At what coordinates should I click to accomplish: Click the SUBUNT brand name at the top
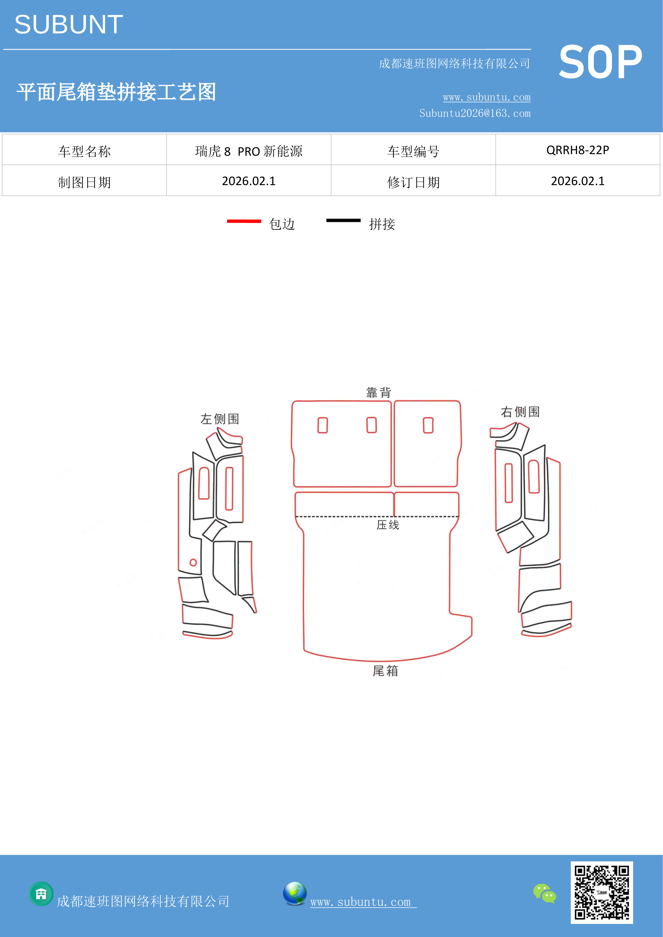(69, 25)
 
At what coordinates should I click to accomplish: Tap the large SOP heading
(600, 62)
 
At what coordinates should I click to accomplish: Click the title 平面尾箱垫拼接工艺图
(116, 92)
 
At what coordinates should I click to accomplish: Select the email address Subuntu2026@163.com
(475, 113)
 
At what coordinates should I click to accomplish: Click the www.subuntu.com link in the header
(487, 97)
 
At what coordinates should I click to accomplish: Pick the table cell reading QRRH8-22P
(578, 150)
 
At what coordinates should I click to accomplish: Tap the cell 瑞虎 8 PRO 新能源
(249, 151)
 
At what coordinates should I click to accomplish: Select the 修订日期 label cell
(413, 182)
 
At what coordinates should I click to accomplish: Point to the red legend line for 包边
(244, 221)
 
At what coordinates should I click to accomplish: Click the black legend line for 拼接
(343, 220)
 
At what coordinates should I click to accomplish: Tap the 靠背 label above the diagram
(378, 393)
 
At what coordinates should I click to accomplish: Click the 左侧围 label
(220, 419)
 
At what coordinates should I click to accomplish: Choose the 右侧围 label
(520, 412)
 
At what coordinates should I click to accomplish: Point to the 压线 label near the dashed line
(388, 525)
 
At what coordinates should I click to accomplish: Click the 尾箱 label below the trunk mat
(385, 670)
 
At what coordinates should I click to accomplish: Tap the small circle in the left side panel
(193, 562)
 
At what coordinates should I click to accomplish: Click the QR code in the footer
(602, 892)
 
